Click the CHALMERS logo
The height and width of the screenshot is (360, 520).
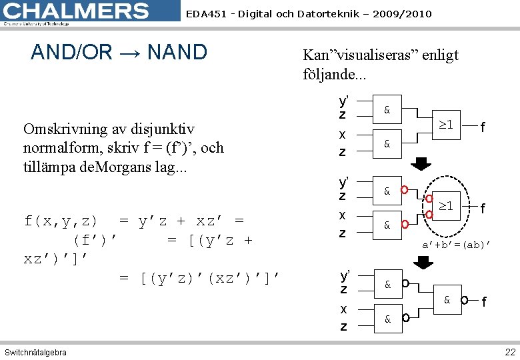click(77, 12)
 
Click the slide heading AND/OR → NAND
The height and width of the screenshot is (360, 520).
click(119, 52)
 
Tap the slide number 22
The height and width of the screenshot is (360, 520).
click(510, 351)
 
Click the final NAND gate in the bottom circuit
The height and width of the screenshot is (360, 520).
click(447, 301)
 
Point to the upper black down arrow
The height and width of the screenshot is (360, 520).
click(420, 165)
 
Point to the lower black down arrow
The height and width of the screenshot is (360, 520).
click(420, 262)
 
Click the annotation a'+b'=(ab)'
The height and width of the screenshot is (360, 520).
click(456, 245)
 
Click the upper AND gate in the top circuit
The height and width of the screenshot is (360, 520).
click(387, 109)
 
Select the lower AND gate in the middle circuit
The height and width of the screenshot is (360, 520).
click(387, 225)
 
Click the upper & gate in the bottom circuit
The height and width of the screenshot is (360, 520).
click(387, 285)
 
